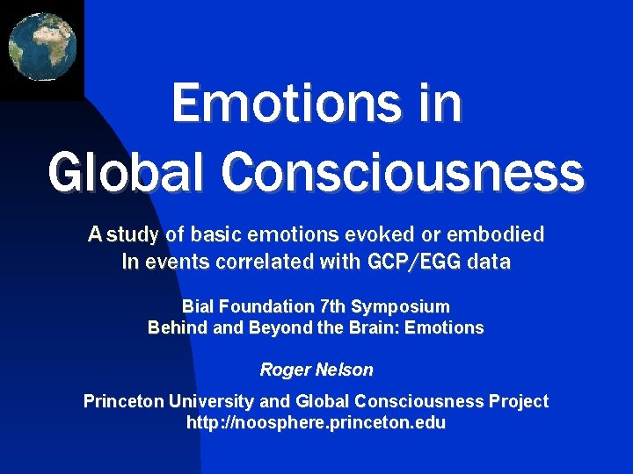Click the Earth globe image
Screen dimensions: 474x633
[x=41, y=46]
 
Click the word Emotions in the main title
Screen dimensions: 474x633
[x=280, y=104]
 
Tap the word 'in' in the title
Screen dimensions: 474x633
[x=440, y=104]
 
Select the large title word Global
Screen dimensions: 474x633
[x=128, y=171]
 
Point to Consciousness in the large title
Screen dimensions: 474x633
[x=403, y=171]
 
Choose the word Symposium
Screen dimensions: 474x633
[x=405, y=306]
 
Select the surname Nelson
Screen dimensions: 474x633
[x=344, y=370]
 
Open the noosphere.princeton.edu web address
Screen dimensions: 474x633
[x=316, y=423]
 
